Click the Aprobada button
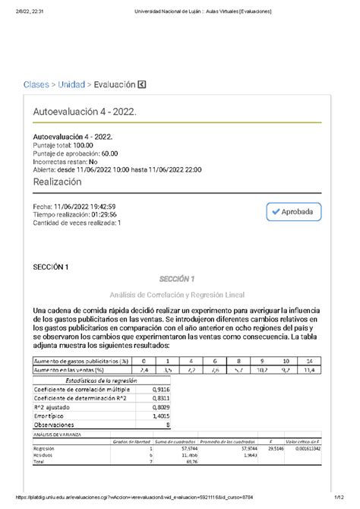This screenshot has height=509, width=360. click(295, 212)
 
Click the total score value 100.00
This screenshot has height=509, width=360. click(83, 144)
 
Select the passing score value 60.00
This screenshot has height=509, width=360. click(108, 153)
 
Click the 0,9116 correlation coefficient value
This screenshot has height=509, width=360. click(159, 388)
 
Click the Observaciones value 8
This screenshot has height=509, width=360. click(167, 425)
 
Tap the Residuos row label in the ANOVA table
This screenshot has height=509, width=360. click(44, 456)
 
